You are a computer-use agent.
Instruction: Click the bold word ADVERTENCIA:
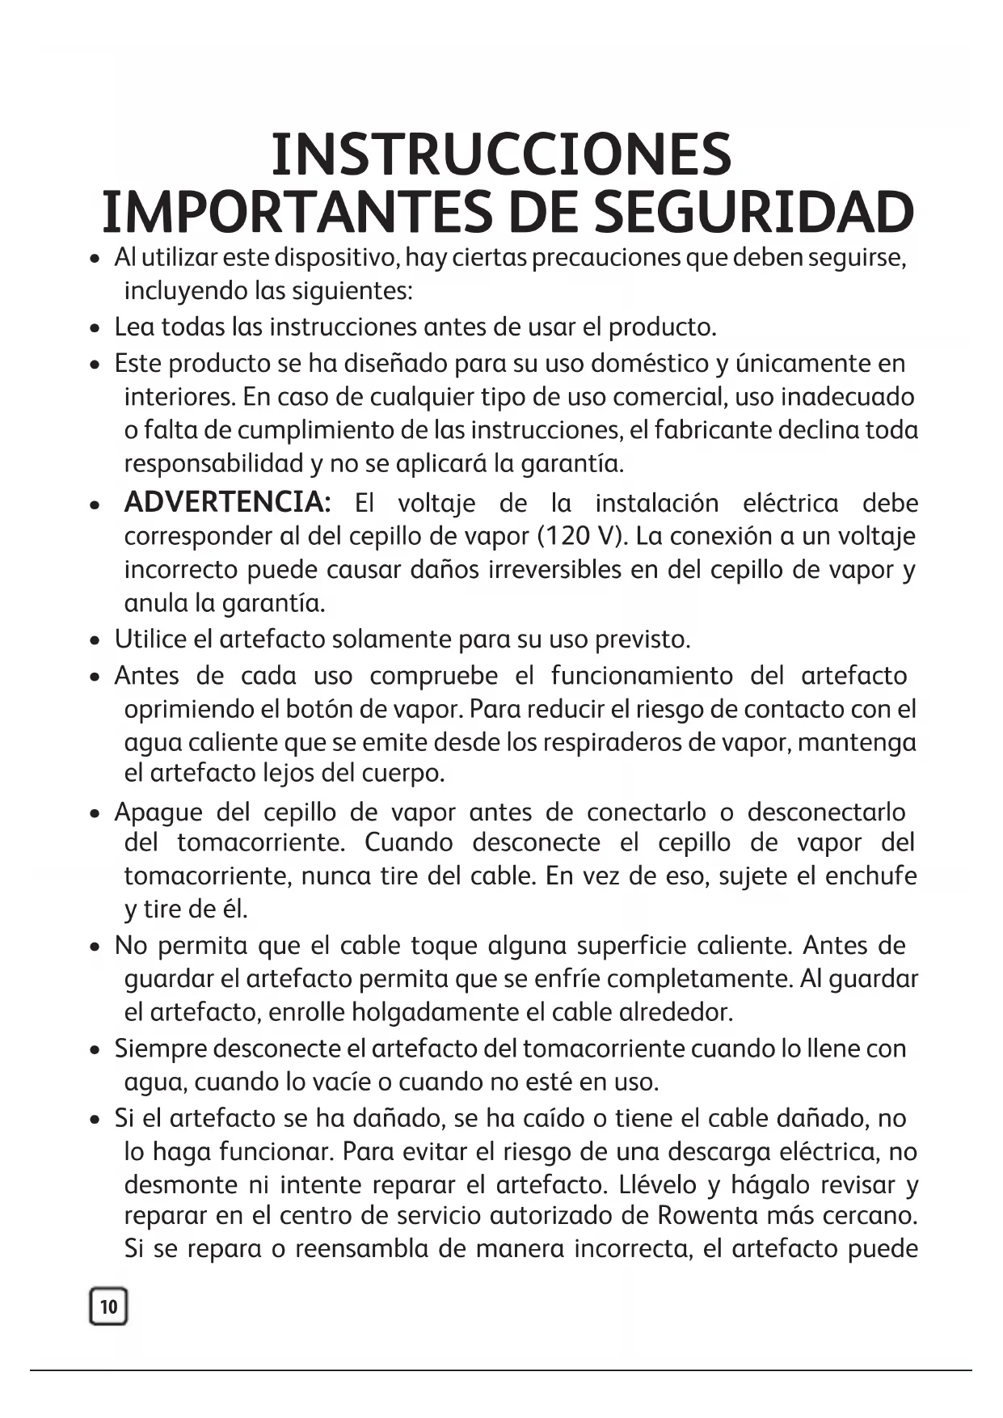point(227,503)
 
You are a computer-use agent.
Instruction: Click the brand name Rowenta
point(708,1216)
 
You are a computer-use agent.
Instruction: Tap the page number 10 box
point(108,1306)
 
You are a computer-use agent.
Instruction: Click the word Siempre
point(159,1049)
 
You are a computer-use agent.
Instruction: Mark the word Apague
point(158,812)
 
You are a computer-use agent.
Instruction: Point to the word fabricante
point(712,430)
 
